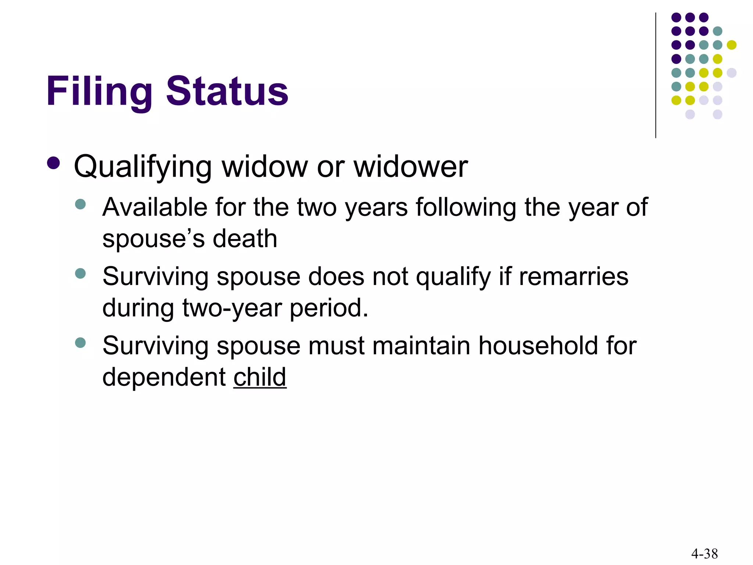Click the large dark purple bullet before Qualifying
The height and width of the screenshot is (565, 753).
click(54, 163)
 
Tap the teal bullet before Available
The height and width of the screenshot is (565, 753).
click(80, 204)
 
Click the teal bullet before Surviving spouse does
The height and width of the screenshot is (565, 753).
click(80, 273)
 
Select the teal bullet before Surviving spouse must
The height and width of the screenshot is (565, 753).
click(80, 343)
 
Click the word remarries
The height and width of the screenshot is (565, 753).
click(574, 276)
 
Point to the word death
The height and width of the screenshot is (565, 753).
click(245, 239)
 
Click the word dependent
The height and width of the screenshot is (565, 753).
click(164, 378)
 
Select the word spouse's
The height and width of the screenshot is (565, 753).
click(153, 239)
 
